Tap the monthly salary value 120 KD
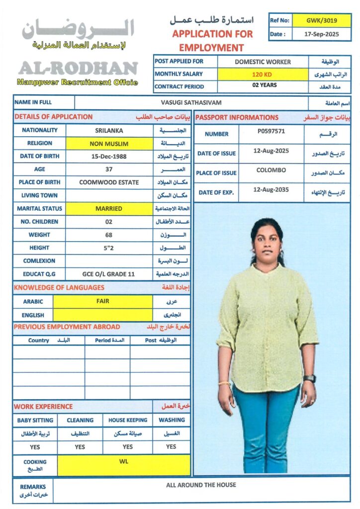coord(263,74)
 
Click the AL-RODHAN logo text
coord(78,68)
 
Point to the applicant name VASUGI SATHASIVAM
coord(191,102)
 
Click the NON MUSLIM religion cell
coord(109,144)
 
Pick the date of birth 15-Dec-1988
coord(109,156)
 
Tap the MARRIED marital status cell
coord(109,209)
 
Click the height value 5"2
coord(109,248)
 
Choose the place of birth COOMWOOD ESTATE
coord(109,182)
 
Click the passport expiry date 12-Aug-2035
coord(271,190)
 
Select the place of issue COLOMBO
coord(271,170)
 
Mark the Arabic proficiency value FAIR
coord(103,301)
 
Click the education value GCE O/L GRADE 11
coord(109,274)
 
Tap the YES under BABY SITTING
coord(35,447)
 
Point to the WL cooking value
coord(124,462)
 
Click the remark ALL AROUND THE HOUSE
coord(201,485)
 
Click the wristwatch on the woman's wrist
coord(309,378)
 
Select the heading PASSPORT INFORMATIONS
coord(236,117)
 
